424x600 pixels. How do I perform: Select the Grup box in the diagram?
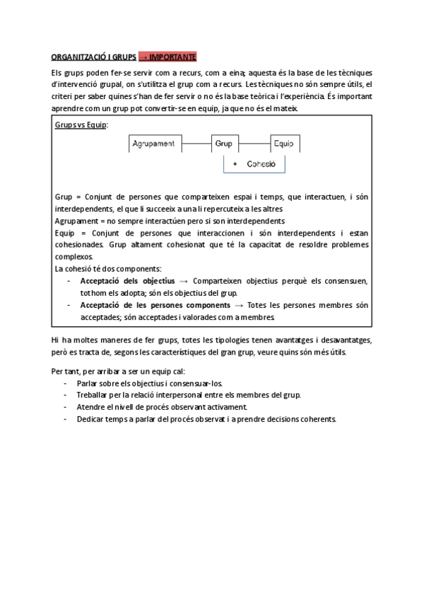pos(224,144)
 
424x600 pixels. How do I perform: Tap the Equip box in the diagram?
pos(285,144)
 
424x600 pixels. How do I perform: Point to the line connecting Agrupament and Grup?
pos(196,144)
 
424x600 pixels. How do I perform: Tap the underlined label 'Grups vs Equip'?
pos(81,125)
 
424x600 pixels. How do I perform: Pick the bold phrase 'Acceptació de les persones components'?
pos(151,305)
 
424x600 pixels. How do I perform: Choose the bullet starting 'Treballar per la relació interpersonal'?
pos(189,395)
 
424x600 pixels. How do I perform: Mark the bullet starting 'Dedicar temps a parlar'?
pos(206,419)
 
